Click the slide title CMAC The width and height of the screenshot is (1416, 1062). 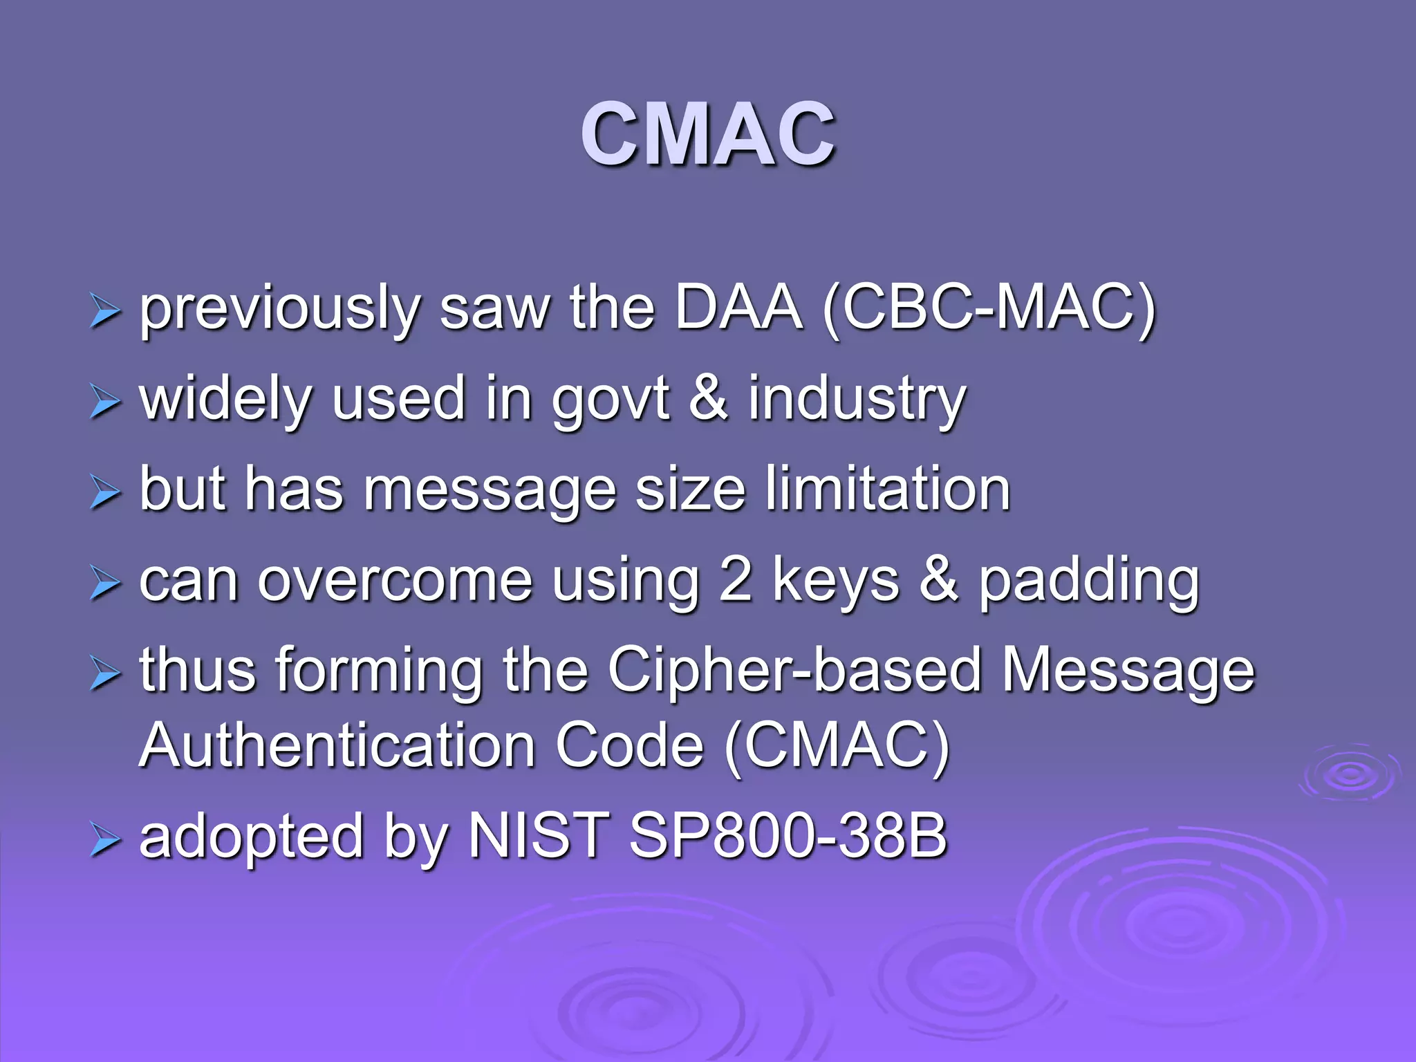[708, 134]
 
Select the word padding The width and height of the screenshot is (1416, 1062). [1088, 582]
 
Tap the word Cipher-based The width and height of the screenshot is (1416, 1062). [794, 670]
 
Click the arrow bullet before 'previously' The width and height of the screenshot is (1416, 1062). [105, 312]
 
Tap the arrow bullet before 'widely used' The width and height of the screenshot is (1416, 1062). [105, 402]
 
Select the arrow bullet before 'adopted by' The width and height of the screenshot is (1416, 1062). [105, 841]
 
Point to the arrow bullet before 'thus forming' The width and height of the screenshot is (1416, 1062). [105, 674]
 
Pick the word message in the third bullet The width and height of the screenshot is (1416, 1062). [490, 492]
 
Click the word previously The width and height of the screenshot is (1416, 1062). [280, 308]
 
